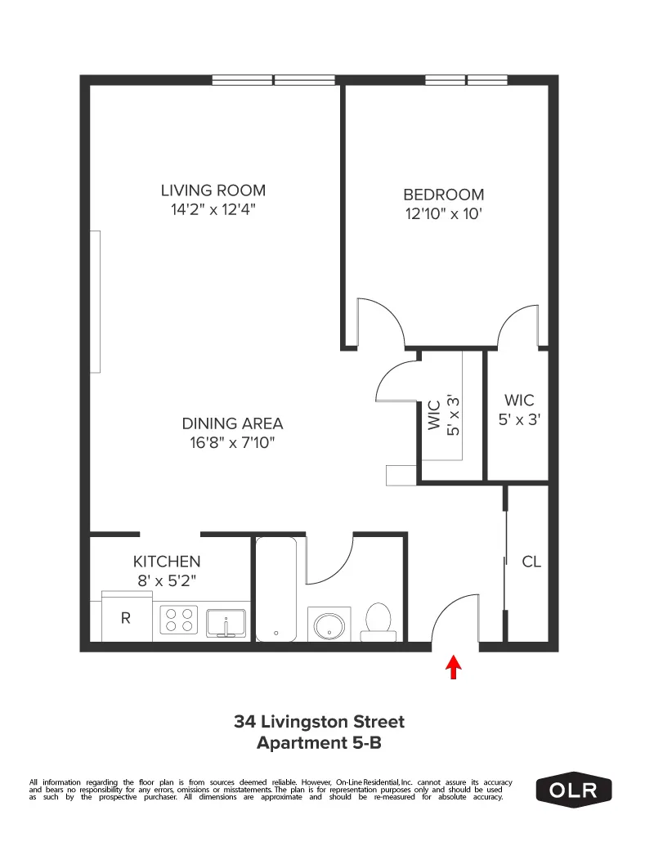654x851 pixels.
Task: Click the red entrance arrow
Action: [x=453, y=668]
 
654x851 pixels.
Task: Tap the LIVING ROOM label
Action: [x=213, y=190]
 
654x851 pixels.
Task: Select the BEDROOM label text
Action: [x=443, y=195]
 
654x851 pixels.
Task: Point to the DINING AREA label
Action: [x=232, y=423]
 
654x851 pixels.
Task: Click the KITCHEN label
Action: [x=167, y=562]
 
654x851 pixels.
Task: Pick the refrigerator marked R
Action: [x=126, y=618]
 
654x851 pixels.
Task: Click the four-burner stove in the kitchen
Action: [x=179, y=620]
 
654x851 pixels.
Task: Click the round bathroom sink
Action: [x=329, y=625]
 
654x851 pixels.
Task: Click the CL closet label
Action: [x=531, y=562]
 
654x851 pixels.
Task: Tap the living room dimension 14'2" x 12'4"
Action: [x=213, y=209]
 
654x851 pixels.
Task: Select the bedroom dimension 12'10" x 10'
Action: [x=443, y=214]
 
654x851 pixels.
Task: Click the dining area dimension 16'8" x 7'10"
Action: [x=231, y=443]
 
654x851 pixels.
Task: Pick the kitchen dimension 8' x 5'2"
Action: [x=167, y=580]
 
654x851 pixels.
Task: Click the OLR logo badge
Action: [x=573, y=791]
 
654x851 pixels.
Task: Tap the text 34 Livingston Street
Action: [x=319, y=722]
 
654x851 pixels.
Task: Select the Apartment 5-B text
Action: [x=319, y=743]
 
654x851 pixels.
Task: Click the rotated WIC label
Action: [x=434, y=414]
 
